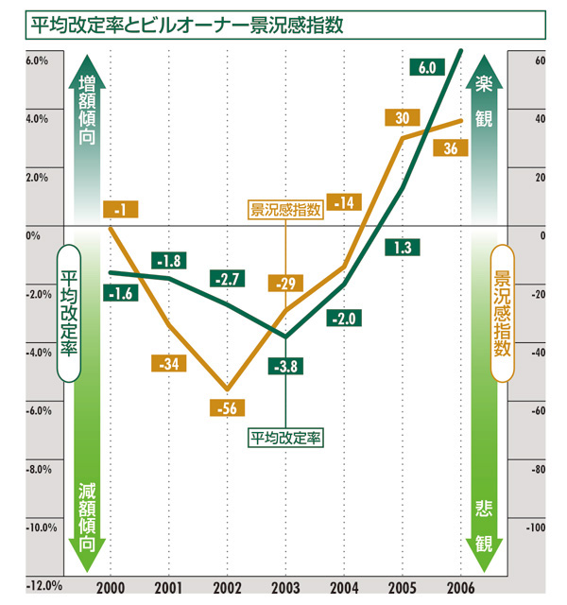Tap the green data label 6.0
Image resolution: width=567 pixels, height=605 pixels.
425,67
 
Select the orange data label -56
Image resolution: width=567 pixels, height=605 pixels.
227,407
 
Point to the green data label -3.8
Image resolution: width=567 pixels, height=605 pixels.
285,365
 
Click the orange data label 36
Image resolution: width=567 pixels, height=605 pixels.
450,148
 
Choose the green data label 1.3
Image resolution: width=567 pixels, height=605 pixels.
402,248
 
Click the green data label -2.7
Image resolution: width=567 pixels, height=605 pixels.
227,279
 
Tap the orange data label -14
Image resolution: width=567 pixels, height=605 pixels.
344,202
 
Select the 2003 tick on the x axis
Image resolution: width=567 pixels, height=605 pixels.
285,585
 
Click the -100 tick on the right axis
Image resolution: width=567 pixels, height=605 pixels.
536,527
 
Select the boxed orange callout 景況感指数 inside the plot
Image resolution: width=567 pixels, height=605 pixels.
285,210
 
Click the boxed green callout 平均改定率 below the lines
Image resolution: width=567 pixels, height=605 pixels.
285,438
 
